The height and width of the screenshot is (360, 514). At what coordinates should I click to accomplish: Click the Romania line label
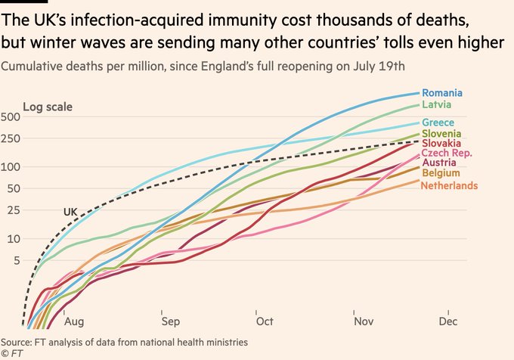[441, 93]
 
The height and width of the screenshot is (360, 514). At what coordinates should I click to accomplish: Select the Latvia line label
[437, 104]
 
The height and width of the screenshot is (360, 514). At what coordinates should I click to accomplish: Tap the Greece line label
[438, 123]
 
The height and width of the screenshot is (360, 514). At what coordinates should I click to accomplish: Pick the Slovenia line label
[442, 134]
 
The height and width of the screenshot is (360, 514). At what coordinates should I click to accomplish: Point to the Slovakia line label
[443, 144]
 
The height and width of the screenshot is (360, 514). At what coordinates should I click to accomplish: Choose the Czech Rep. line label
[447, 154]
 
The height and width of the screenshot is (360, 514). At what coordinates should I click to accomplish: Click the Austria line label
[438, 163]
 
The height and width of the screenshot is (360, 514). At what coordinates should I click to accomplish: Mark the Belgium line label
[440, 174]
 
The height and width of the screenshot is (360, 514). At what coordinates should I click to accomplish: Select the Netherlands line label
[450, 185]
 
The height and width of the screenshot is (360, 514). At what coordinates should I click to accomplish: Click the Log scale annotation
[48, 107]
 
